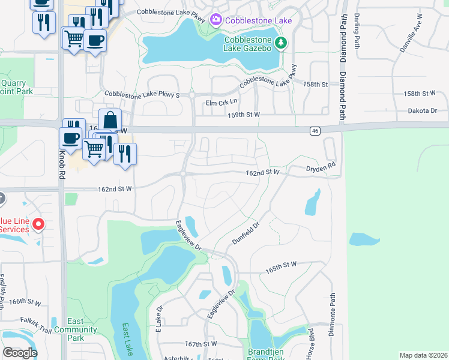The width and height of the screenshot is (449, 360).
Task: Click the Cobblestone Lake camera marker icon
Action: pyautogui.click(x=215, y=20)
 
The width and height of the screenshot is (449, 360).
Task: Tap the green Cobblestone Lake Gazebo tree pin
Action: pyautogui.click(x=280, y=43)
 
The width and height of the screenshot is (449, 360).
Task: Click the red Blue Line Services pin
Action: pyautogui.click(x=38, y=224)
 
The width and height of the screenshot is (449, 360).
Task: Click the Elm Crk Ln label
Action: pyautogui.click(x=222, y=103)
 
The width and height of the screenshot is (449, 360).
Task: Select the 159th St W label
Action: pyautogui.click(x=244, y=114)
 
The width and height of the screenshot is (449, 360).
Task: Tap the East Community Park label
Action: pyautogui.click(x=76, y=326)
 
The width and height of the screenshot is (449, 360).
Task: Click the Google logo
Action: pyautogui.click(x=20, y=353)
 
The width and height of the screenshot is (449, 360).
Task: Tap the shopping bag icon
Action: pyautogui.click(x=110, y=119)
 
